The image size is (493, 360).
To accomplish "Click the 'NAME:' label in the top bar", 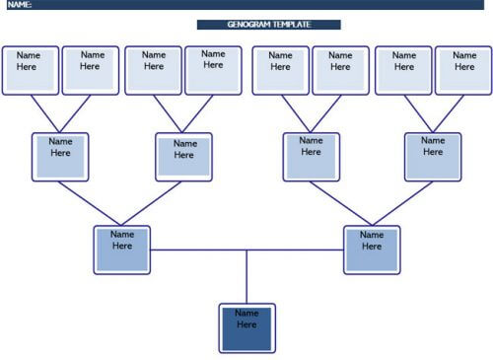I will tap(21, 6).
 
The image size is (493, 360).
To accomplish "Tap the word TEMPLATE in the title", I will tap(293, 25).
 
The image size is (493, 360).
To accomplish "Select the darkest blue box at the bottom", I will tap(246, 327).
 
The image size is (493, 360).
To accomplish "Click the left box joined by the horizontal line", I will tap(122, 250).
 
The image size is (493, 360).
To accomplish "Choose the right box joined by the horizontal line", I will tap(372, 250).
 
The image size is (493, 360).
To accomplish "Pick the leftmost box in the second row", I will tap(60, 157).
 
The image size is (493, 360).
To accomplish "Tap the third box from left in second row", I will tap(312, 157).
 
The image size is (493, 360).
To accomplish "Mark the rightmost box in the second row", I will tap(433, 157).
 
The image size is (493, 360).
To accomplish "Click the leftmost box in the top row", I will tap(31, 69).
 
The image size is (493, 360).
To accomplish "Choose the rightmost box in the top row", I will tap(463, 69).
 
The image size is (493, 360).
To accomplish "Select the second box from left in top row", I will tap(90, 69).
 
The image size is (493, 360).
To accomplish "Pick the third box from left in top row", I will tap(154, 69).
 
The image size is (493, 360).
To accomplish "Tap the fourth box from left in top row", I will tap(213, 68).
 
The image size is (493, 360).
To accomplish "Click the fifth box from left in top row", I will tap(281, 69).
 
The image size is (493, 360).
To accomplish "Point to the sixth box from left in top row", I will tap(340, 69).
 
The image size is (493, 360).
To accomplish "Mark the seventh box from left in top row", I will tap(403, 69).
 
